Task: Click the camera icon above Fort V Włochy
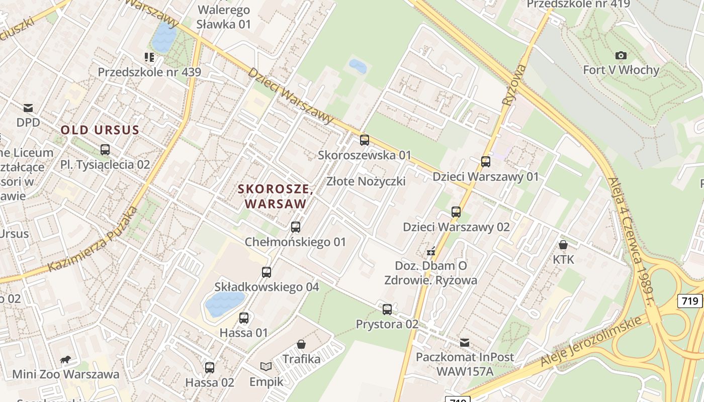click(x=621, y=55)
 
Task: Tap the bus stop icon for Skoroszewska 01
click(x=365, y=140)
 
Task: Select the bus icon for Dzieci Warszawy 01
click(x=486, y=162)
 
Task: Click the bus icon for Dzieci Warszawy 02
click(x=456, y=212)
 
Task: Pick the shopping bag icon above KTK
click(x=563, y=245)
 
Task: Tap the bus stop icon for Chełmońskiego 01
click(x=296, y=227)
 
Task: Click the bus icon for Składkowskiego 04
click(x=267, y=272)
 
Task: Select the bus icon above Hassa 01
click(x=244, y=318)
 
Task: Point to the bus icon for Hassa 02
click(x=210, y=368)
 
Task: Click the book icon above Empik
click(x=266, y=367)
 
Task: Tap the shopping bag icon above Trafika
click(x=301, y=344)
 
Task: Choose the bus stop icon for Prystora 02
click(x=387, y=310)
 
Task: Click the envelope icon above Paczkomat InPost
click(x=465, y=343)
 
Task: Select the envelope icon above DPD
click(x=28, y=108)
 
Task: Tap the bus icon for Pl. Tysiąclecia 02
click(x=105, y=150)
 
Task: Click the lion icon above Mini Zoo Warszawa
click(x=65, y=359)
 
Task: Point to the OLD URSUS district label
click(x=100, y=130)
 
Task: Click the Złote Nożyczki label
click(x=366, y=181)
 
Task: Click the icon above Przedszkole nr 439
click(x=149, y=57)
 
